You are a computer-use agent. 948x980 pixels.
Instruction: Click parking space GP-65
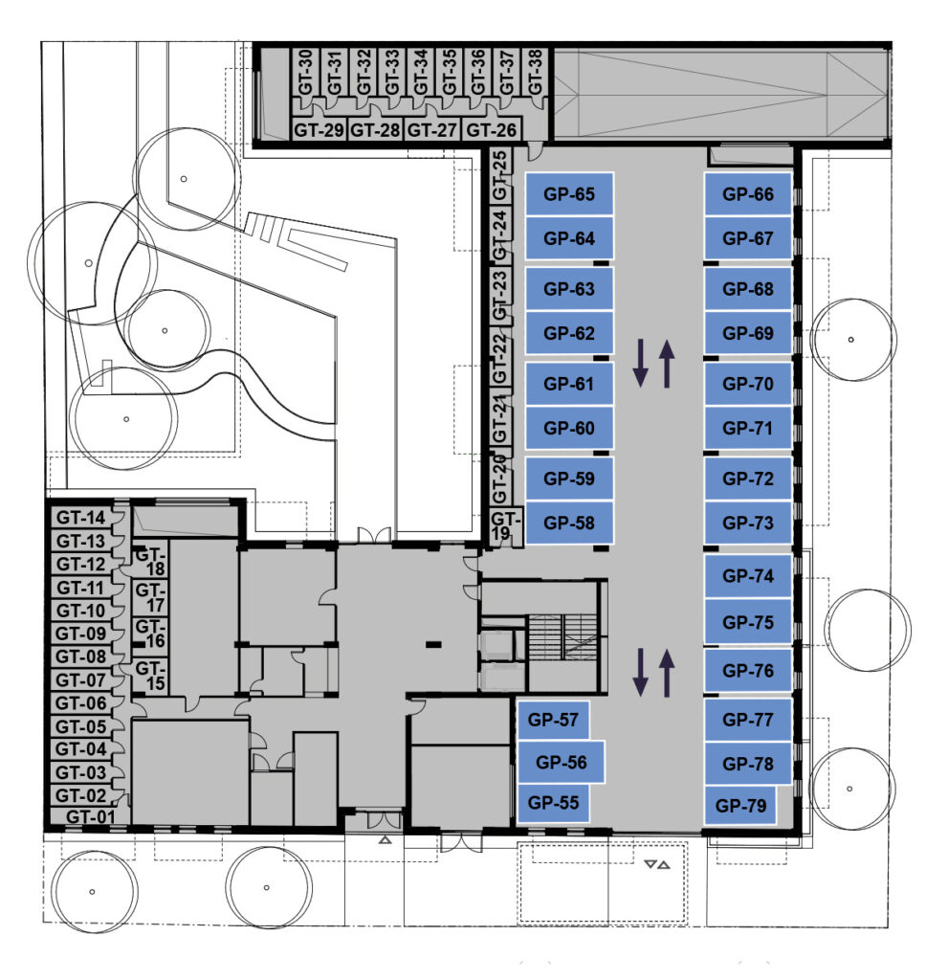coord(568,193)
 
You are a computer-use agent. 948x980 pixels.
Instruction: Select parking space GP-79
coord(740,806)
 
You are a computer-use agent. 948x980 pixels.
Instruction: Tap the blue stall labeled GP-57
coord(553,720)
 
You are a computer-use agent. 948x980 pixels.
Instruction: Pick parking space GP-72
coord(748,479)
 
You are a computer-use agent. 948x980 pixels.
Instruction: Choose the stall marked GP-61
coord(568,384)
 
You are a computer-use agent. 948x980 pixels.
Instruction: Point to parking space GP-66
coord(748,193)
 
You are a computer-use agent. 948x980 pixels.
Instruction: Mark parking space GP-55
coord(553,803)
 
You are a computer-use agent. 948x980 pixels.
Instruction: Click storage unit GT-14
coord(81,518)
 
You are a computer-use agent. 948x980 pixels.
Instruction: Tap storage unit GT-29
coord(319,130)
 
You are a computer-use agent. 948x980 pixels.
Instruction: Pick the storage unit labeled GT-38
coord(535,73)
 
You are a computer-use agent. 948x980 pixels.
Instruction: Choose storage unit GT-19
coord(505,526)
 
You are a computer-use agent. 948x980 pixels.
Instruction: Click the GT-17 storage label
coord(149,597)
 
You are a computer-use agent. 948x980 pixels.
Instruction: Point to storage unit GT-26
coord(491,130)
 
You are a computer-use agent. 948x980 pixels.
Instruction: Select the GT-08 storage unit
coord(81,657)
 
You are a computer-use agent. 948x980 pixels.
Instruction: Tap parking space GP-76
coord(748,671)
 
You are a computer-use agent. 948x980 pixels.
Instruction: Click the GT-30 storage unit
coord(305,73)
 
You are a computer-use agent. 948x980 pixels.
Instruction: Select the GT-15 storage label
coord(149,676)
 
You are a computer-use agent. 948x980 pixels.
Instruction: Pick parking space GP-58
coord(568,523)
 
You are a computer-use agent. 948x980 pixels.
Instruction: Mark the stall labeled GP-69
coord(748,333)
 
